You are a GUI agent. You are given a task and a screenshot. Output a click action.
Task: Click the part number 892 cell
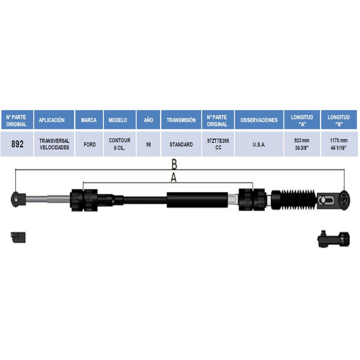click(17, 144)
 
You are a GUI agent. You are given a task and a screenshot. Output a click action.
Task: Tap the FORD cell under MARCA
click(89, 144)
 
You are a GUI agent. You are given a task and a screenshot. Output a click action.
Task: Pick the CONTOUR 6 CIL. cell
click(120, 144)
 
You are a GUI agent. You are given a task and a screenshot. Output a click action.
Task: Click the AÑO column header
click(148, 120)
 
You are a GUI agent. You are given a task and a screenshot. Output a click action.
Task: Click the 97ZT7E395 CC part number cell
click(218, 144)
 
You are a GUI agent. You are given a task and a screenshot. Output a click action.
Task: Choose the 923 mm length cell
click(302, 144)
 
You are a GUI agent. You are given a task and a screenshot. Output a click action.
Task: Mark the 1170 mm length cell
click(339, 144)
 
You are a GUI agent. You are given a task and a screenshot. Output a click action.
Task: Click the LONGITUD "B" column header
click(339, 120)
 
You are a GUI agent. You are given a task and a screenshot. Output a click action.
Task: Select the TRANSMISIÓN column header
click(181, 120)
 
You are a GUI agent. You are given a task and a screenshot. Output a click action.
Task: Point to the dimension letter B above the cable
click(174, 164)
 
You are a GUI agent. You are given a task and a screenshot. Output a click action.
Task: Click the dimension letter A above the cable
click(174, 178)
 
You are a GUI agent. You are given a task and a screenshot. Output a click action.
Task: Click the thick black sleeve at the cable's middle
click(198, 200)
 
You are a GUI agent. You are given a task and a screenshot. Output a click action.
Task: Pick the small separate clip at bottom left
click(18, 237)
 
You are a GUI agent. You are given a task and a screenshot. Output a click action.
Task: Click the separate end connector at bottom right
click(334, 239)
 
